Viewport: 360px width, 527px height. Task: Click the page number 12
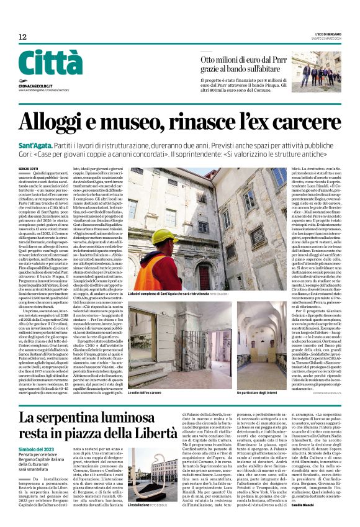(23, 38)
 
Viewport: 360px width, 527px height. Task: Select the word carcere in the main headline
(304, 121)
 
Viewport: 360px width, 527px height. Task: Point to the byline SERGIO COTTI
(29, 168)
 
